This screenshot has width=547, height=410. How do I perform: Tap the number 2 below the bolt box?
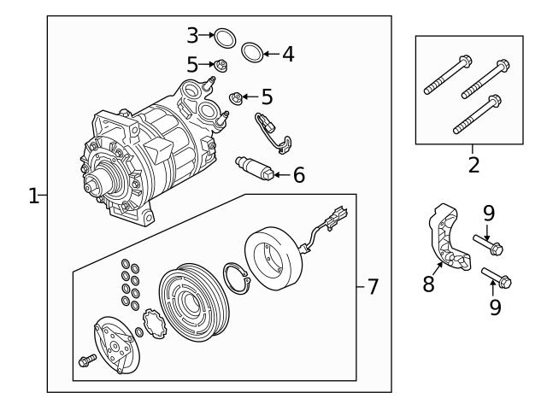click(x=473, y=164)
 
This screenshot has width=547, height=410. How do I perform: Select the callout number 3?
click(x=192, y=35)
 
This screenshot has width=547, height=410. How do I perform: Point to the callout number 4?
click(x=288, y=55)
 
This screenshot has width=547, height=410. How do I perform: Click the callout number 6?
click(x=299, y=176)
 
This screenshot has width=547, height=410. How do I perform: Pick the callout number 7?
click(x=372, y=287)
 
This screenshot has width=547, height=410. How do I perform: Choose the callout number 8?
click(x=428, y=283)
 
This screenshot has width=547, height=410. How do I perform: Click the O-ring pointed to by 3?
click(x=224, y=38)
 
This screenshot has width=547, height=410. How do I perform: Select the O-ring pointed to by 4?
click(x=252, y=53)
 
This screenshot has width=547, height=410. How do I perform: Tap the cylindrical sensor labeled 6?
click(x=255, y=167)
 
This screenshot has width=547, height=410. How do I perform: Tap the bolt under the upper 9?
click(x=486, y=245)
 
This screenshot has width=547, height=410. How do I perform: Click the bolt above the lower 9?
click(x=497, y=278)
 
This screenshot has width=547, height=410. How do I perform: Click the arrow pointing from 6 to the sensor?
click(x=283, y=176)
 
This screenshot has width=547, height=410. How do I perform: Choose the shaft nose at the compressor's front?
click(x=89, y=184)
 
